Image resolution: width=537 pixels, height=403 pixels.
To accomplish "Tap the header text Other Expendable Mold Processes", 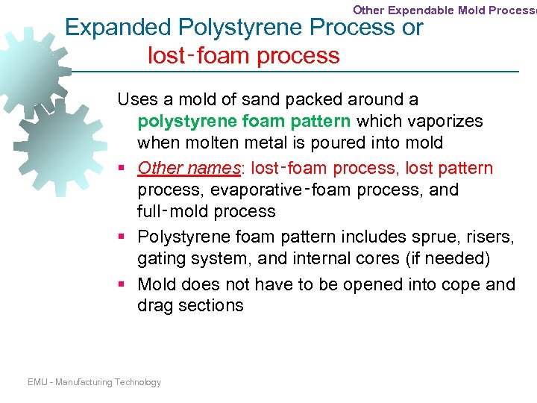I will coord(444,10).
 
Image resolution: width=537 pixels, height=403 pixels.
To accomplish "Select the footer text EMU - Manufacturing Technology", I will coord(94,382).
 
